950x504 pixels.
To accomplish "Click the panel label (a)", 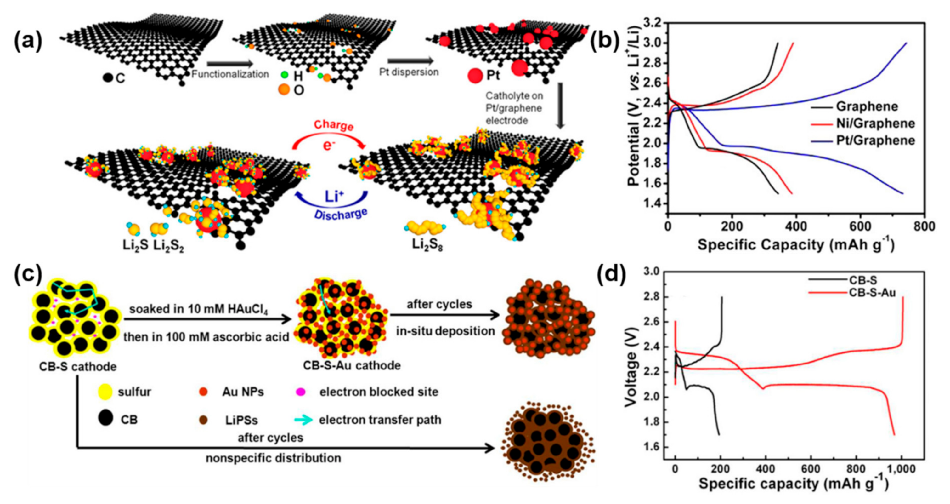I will pyautogui.click(x=28, y=41).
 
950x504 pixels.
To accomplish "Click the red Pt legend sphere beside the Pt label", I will pyautogui.click(x=475, y=76).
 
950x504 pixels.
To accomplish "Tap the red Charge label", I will pyautogui.click(x=333, y=125).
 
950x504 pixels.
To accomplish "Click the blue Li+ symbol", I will pyautogui.click(x=334, y=196).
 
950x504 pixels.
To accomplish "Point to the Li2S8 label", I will pyautogui.click(x=427, y=245).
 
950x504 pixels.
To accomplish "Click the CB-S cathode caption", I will pyautogui.click(x=78, y=366).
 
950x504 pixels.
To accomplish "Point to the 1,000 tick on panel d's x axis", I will pyautogui.click(x=901, y=469).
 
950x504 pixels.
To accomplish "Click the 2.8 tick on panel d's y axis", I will pyautogui.click(x=653, y=297).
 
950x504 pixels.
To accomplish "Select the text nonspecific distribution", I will pyautogui.click(x=273, y=458).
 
